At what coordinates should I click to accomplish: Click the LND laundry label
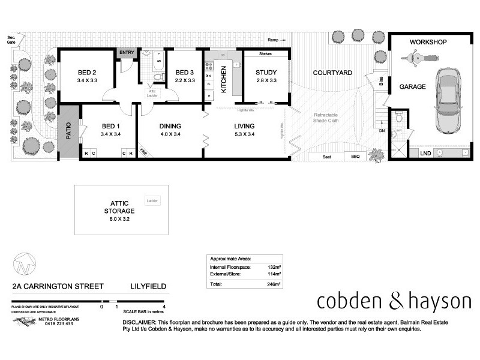click(425, 153)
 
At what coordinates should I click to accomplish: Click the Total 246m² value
click(274, 283)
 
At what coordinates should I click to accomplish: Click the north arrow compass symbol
click(23, 263)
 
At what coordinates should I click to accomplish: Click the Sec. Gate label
click(11, 41)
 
